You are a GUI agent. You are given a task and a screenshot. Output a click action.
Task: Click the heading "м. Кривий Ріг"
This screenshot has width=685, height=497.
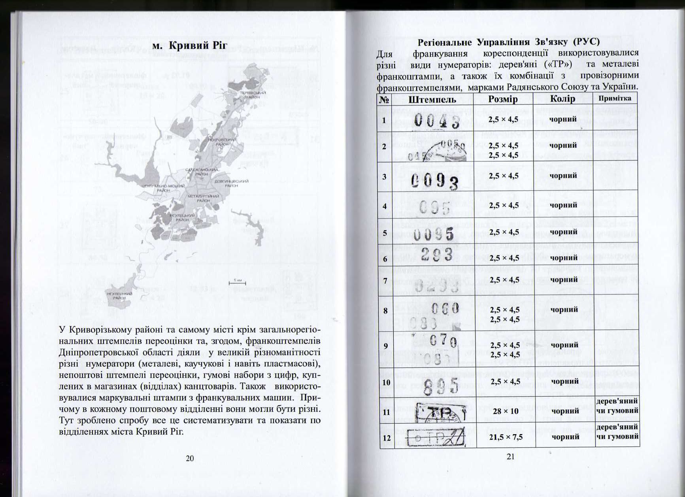pos(190,46)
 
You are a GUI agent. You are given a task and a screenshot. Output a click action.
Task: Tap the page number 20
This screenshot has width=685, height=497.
pos(190,458)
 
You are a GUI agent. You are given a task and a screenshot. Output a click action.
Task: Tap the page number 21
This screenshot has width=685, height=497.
pos(510,457)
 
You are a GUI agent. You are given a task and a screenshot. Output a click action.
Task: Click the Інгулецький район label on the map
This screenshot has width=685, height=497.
pos(119,296)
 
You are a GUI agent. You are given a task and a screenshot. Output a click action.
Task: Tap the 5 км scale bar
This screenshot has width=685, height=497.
pos(237,282)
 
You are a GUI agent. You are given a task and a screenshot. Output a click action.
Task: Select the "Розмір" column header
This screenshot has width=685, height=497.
pos(503,99)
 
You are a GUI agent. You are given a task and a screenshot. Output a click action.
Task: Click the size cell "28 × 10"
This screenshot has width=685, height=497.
pos(506,411)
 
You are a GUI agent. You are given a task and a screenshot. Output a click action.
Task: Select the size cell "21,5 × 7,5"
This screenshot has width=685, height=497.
pos(506,437)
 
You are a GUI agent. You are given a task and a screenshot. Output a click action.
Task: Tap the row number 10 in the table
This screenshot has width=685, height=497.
pos(386,382)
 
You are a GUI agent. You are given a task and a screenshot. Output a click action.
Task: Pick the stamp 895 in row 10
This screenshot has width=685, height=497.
pos(440,385)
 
